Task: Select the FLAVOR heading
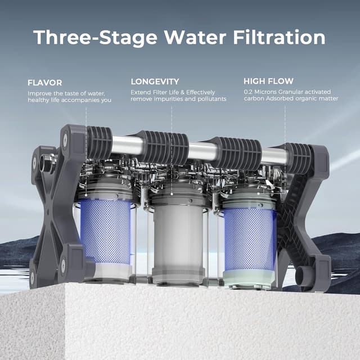[x=45, y=82]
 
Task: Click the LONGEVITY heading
[x=155, y=82]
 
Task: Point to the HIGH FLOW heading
[x=268, y=82]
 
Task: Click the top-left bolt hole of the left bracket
[x=65, y=138]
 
